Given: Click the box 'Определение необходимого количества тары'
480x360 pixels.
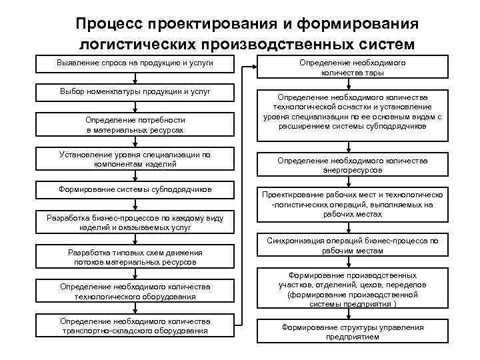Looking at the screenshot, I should [x=353, y=67].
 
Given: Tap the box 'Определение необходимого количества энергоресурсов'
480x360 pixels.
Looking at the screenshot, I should [x=353, y=165].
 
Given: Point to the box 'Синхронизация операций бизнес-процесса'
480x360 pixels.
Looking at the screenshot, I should [x=353, y=245].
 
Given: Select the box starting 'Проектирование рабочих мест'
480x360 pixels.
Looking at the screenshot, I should [x=353, y=205].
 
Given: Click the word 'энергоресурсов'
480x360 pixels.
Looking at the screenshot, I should [x=353, y=170].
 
